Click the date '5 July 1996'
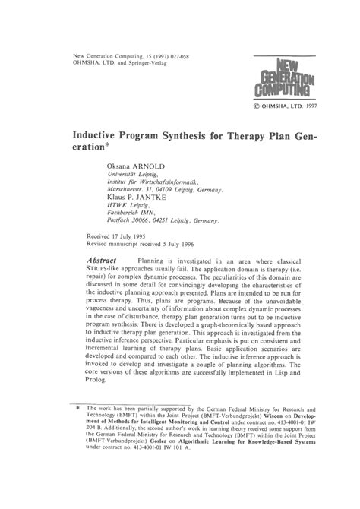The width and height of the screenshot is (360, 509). pyautogui.click(x=190, y=245)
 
